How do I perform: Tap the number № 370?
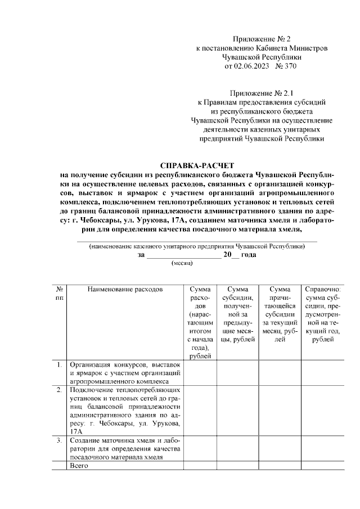pyautogui.click(x=285, y=66)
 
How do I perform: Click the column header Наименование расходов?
pyautogui.click(x=124, y=289)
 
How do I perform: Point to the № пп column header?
pyautogui.click(x=59, y=293)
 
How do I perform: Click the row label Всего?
pyautogui.click(x=76, y=466)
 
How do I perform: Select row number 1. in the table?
pyautogui.click(x=59, y=364)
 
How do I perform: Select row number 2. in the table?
pyautogui.click(x=59, y=389)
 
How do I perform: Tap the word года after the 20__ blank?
pyautogui.click(x=248, y=255)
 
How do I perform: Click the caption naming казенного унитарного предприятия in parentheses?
pyautogui.click(x=197, y=246)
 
